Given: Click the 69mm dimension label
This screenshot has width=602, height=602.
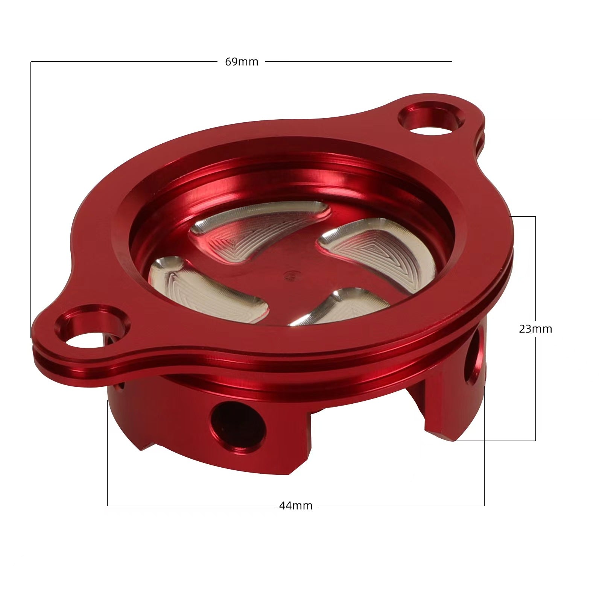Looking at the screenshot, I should [x=242, y=62].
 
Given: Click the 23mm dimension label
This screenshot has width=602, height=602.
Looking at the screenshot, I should [x=535, y=329].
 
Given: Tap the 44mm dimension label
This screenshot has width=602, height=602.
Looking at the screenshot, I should [x=296, y=506].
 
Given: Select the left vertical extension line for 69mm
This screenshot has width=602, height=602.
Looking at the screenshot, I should [x=30, y=188].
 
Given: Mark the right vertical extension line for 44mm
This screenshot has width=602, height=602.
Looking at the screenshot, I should [x=484, y=470].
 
